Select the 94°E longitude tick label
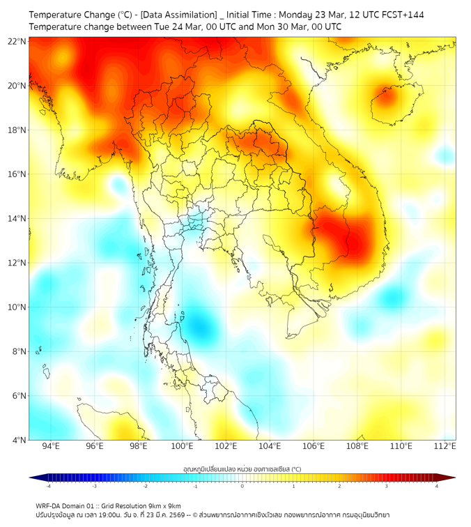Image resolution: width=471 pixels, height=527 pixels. (51, 446)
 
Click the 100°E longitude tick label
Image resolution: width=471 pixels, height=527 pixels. (183, 446)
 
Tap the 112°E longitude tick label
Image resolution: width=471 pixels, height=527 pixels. (444, 446)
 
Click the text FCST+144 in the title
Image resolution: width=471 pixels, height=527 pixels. (401, 15)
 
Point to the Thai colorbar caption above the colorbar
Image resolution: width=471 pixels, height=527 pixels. (242, 469)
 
